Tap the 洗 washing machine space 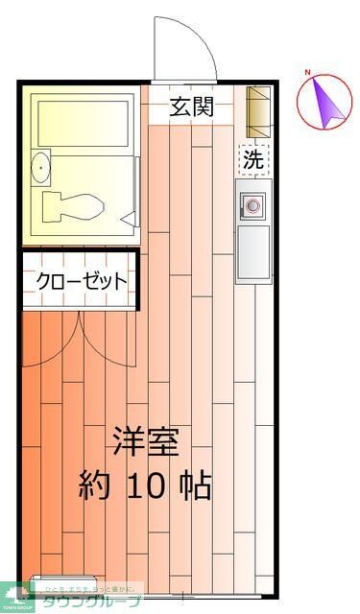pyautogui.click(x=252, y=160)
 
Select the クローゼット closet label pyautogui.click(x=82, y=281)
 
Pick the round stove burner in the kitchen pyautogui.click(x=254, y=205)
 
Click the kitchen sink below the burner pyautogui.click(x=253, y=251)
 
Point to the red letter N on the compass pyautogui.click(x=308, y=73)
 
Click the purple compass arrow pyautogui.click(x=325, y=101)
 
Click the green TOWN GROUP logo pyautogui.click(x=16, y=598)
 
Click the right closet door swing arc pyautogui.click(x=106, y=336)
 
